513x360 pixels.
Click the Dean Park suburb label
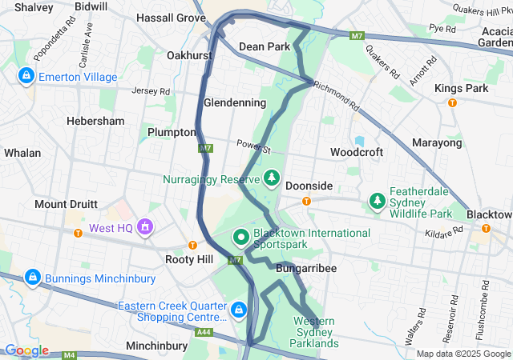[265, 47]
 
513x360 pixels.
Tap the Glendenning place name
[235, 103]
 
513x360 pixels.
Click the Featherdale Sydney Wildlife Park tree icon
[377, 200]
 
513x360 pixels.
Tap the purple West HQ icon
[145, 228]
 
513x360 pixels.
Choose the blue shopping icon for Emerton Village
[26, 77]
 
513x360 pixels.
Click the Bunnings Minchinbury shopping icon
[32, 278]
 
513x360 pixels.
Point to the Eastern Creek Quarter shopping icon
[238, 310]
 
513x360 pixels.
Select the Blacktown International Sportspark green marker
[240, 237]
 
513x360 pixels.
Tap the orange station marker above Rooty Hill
[192, 245]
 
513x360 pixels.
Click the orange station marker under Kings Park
[452, 102]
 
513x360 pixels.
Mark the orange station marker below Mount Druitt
[78, 234]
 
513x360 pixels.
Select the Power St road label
[254, 148]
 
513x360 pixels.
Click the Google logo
[26, 350]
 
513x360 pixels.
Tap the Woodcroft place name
[356, 151]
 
